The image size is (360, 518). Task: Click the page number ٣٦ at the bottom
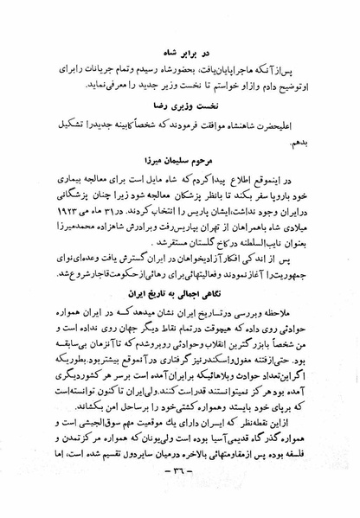177,494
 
